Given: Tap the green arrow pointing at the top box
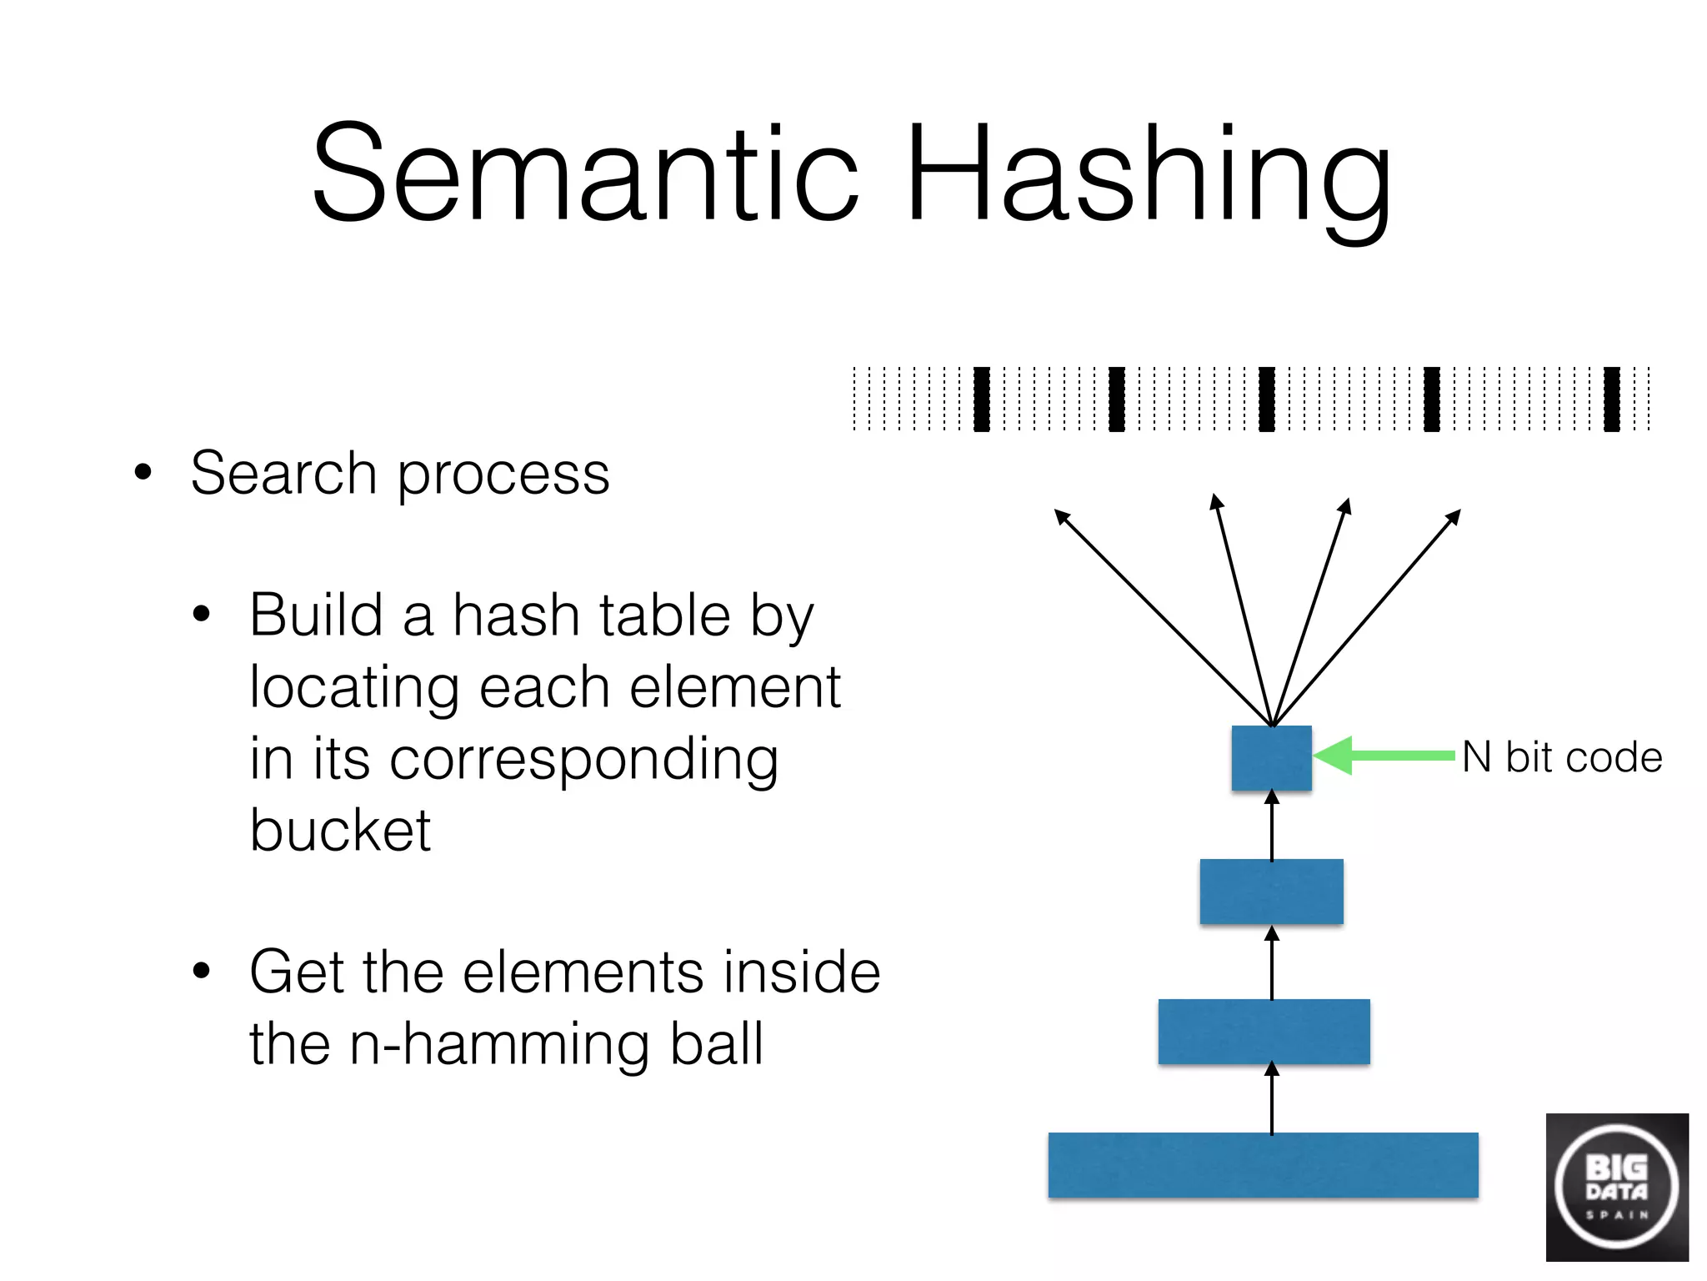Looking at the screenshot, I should coord(1384,756).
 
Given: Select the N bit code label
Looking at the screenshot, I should coord(1562,758).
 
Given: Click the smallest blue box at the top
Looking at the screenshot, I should coord(1271,758).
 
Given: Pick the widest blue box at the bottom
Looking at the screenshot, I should coord(1263,1165).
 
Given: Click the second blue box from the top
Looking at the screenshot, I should coord(1271,892).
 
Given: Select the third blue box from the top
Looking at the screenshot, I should coord(1264,1032).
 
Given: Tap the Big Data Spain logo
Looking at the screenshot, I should coord(1617,1188).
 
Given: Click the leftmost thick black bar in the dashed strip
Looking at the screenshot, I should coord(982,399).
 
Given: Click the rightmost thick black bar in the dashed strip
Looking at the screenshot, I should coord(1612,399).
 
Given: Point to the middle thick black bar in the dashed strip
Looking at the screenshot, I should coord(1267,399).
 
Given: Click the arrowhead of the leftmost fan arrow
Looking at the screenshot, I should coord(1061,515).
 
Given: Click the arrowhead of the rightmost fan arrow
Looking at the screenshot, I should coord(1454,517).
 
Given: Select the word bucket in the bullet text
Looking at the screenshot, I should coord(340,831).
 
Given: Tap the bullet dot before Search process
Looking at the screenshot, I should coord(143,472).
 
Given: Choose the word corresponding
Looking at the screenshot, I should coord(583,761).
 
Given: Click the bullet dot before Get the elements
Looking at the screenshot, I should coord(202,971).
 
